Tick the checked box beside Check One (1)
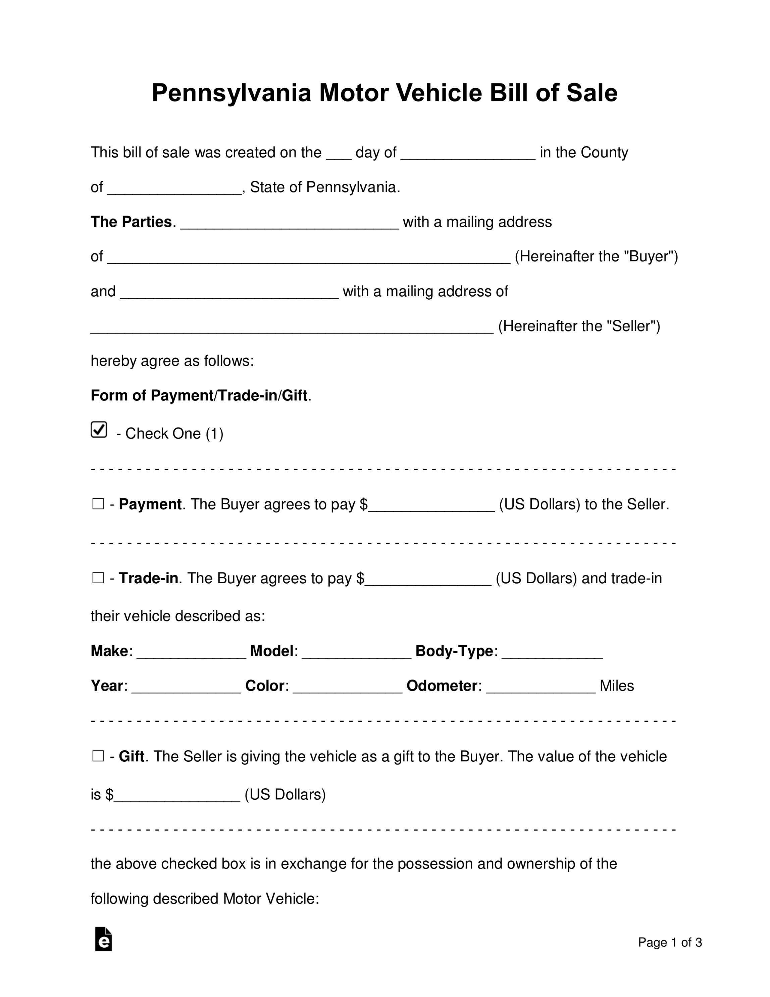99,430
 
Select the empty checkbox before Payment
98,504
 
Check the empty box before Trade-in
98,578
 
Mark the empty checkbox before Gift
98,756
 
